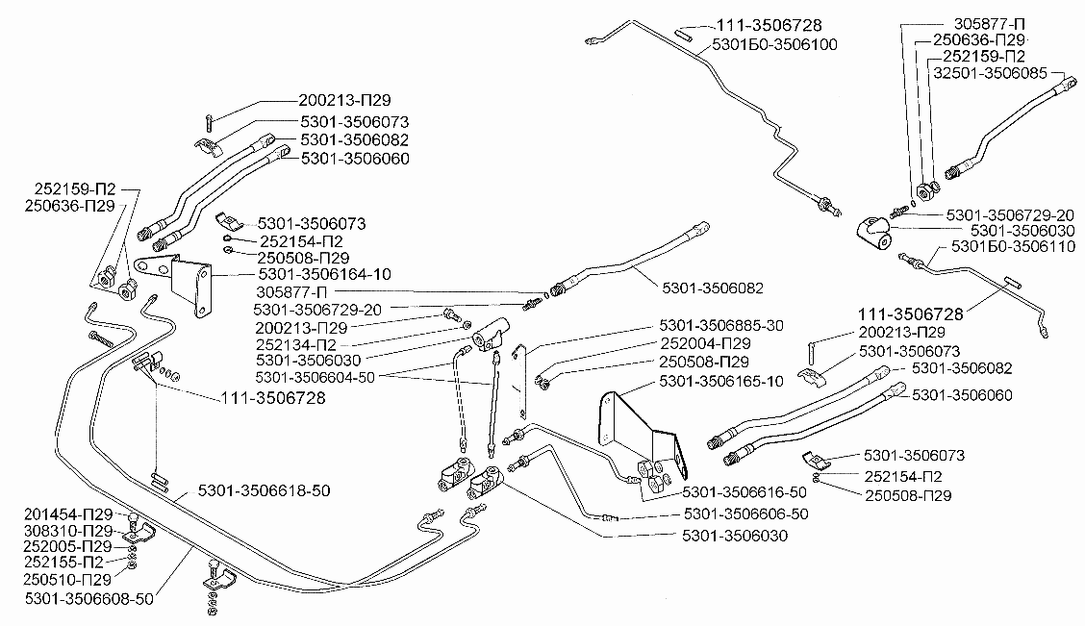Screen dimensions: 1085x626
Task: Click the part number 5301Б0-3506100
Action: point(775,45)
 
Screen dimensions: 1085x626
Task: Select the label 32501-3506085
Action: point(990,73)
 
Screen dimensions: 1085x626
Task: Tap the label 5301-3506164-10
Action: point(324,274)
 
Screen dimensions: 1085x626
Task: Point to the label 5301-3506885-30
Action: point(721,325)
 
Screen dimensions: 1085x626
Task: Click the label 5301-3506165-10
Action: point(721,381)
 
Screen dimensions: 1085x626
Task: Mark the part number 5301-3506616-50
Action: point(744,491)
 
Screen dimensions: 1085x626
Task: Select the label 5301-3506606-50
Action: point(746,513)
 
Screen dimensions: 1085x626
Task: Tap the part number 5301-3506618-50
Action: point(264,490)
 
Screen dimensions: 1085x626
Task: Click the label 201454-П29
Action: point(67,514)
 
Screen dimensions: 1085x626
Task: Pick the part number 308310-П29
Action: point(67,531)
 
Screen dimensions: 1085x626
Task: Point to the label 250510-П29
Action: point(67,579)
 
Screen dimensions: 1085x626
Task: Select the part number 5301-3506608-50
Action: point(89,598)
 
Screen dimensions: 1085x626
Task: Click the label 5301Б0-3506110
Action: point(1014,246)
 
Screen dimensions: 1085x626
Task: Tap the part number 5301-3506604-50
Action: point(315,378)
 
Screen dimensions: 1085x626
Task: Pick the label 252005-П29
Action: point(67,547)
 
